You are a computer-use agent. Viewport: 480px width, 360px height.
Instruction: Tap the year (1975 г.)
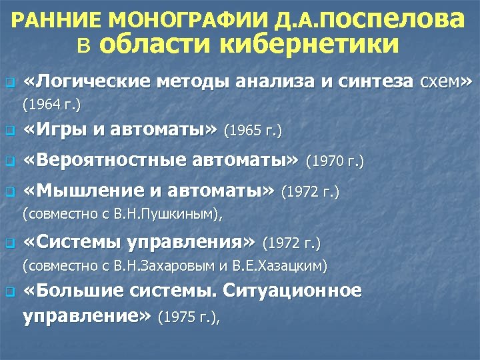tap(187, 318)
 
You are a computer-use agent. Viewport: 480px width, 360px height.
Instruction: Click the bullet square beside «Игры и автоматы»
tap(9, 131)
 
